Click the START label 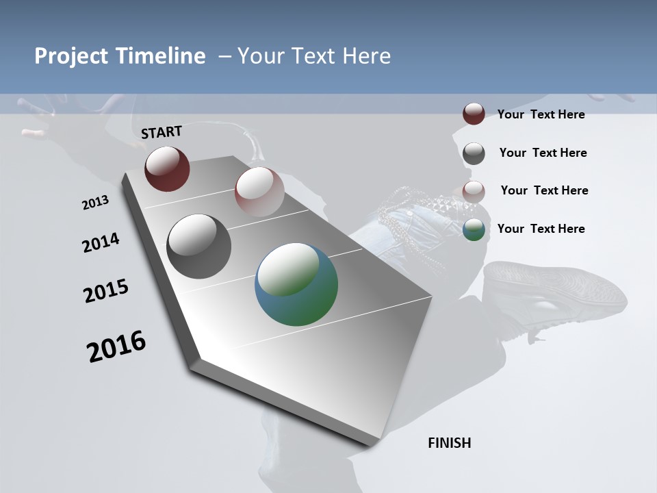[162, 132]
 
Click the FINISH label [449, 443]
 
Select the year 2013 [95, 203]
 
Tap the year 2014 [101, 243]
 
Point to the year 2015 [106, 291]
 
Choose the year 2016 [116, 346]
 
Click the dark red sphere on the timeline [167, 168]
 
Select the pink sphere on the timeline [259, 192]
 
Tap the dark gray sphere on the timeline [198, 246]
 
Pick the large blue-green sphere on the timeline [296, 284]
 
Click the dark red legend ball [474, 114]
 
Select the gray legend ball [474, 153]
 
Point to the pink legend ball [474, 192]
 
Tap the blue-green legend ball [474, 230]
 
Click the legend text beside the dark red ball [541, 115]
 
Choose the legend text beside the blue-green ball [541, 229]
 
